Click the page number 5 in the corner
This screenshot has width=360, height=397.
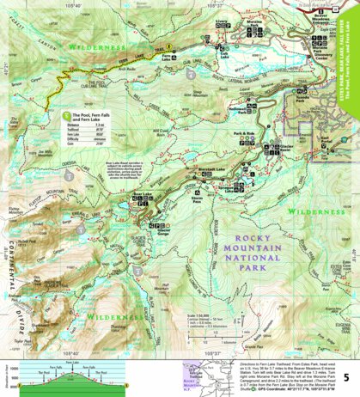[x=345, y=376]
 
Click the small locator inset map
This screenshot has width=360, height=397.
[x=207, y=372]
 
